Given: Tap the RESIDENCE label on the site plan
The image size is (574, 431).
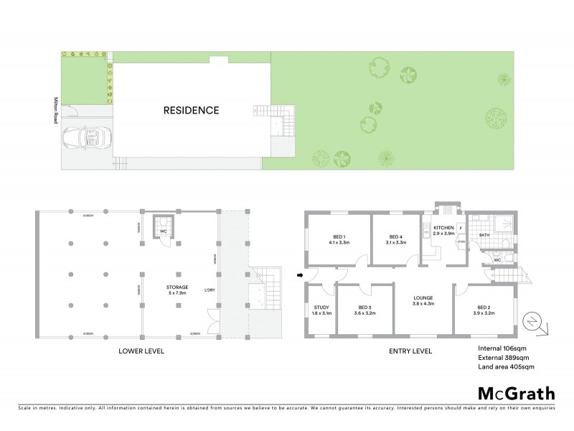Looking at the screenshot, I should click(191, 111).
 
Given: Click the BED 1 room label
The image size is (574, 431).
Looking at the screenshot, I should click(339, 237).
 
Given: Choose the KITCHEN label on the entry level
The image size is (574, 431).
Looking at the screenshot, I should click(443, 228).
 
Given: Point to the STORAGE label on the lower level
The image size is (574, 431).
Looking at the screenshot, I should click(177, 287).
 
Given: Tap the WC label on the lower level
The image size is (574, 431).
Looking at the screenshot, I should click(163, 232).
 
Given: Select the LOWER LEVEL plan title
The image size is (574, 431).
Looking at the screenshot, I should click(141, 351).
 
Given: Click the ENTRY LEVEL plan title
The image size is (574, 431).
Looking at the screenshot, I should click(410, 351).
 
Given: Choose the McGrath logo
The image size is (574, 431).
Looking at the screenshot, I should click(516, 393).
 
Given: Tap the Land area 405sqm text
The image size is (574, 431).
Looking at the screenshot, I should click(506, 367).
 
